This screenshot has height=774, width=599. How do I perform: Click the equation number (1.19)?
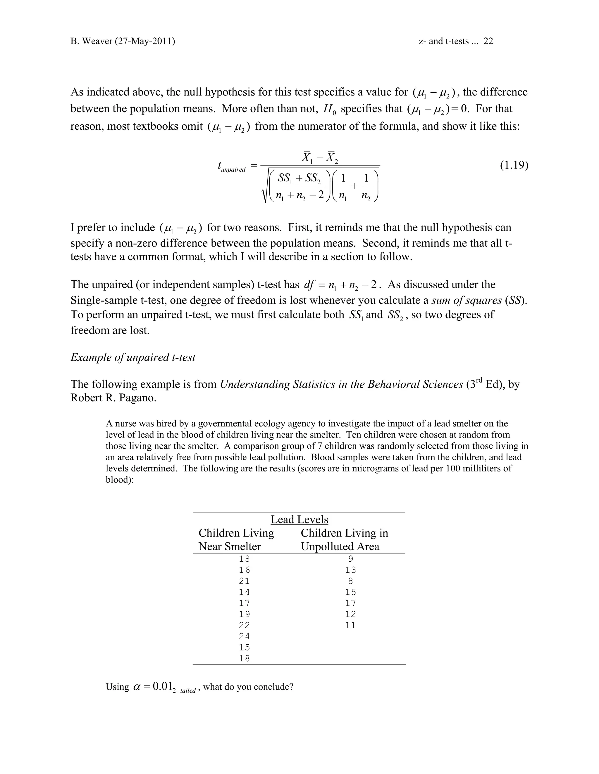click(x=514, y=166)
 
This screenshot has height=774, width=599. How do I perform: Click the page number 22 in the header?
click(x=488, y=41)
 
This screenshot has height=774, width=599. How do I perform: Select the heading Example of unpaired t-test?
click(x=133, y=357)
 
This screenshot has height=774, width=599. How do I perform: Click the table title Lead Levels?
click(x=299, y=520)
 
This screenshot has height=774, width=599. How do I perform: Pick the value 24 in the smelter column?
click(x=244, y=636)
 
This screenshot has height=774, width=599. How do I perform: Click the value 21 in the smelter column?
click(x=244, y=581)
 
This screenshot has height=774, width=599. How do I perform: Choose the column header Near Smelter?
click(x=230, y=546)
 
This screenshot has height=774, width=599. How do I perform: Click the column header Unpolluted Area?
click(x=340, y=546)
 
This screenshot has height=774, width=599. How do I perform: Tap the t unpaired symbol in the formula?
click(x=231, y=166)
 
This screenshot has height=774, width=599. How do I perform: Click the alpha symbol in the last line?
click(x=137, y=687)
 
